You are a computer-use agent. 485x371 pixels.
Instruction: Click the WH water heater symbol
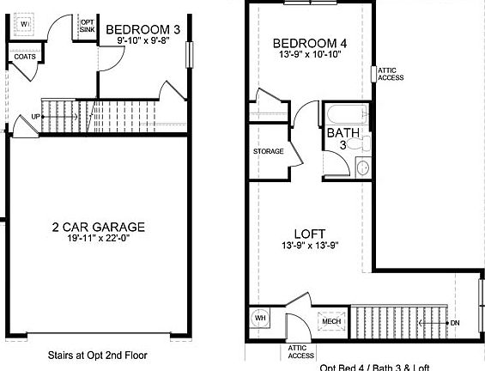259,319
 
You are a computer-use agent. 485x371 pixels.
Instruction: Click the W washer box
25,23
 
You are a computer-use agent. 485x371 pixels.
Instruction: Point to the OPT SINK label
88,26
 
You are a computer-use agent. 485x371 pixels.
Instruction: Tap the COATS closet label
23,57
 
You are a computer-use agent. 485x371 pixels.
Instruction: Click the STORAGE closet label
268,151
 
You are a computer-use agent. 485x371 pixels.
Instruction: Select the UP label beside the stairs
36,116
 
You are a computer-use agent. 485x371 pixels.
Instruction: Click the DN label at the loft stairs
455,323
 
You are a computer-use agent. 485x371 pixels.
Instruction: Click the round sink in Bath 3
362,167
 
